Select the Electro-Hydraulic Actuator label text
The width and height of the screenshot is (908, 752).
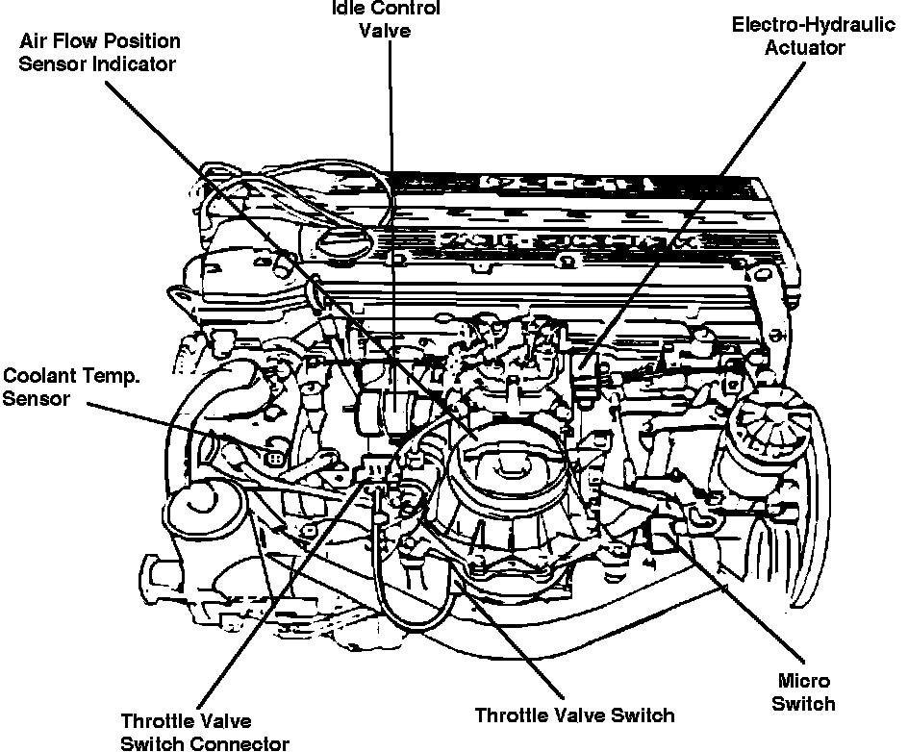point(803,35)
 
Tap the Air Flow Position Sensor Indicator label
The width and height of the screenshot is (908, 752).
point(101,53)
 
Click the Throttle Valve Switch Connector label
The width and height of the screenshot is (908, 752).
point(204,732)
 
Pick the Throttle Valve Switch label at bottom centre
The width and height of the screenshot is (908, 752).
point(574,714)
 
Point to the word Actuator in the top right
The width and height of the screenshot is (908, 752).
point(804,47)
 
